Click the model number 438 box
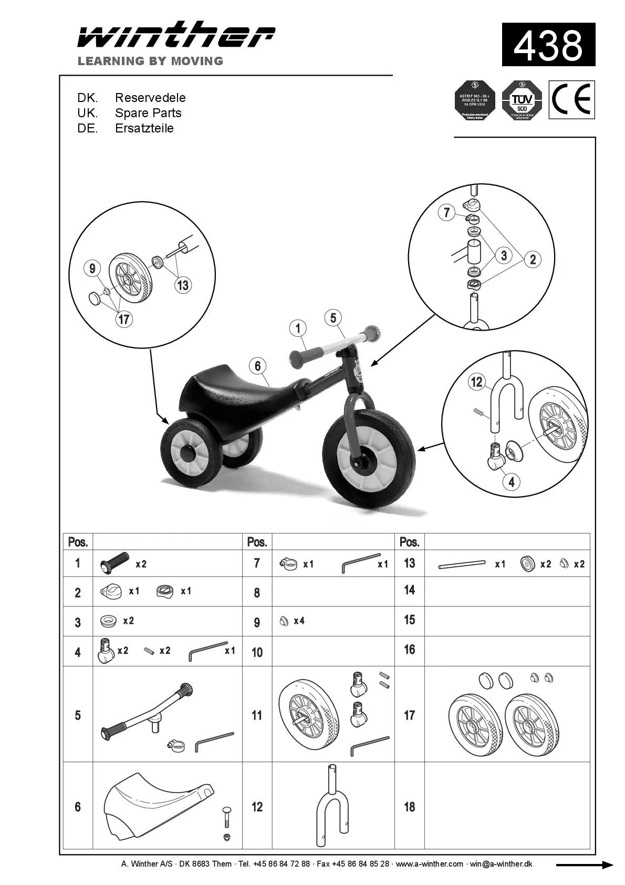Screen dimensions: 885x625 548,45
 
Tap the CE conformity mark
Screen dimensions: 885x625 572,99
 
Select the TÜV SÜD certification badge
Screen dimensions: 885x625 522,100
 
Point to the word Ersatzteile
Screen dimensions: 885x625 144,128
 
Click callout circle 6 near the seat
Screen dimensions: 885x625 257,366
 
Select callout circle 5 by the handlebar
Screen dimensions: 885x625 333,317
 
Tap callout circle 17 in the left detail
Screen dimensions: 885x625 124,319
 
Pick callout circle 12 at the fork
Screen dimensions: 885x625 476,382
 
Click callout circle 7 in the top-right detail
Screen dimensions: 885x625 446,212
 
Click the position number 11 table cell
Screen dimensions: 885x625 257,715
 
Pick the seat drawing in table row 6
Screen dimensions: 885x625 158,807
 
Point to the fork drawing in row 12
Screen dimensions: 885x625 332,806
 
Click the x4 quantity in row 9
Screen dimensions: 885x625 299,621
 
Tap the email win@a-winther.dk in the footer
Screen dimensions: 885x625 501,864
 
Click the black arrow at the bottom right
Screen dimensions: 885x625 584,865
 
